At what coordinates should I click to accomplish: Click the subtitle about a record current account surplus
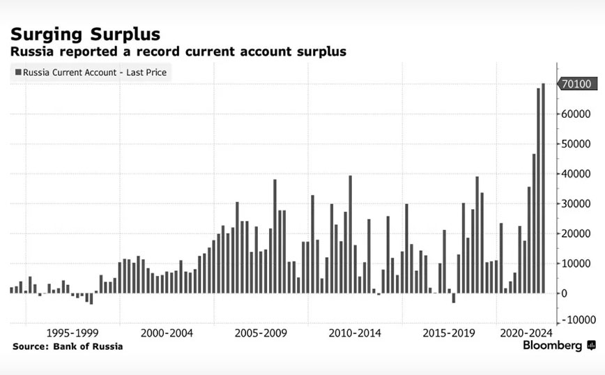click(178, 52)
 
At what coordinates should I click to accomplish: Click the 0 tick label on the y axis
click(564, 293)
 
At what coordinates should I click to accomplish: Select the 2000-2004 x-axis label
click(167, 332)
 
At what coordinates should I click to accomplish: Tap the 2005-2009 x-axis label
click(260, 332)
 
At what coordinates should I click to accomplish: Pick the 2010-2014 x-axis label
click(355, 332)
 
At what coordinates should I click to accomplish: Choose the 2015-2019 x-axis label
click(450, 332)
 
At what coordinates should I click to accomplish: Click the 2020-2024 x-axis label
click(526, 332)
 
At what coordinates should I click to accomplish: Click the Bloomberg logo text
click(552, 346)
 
